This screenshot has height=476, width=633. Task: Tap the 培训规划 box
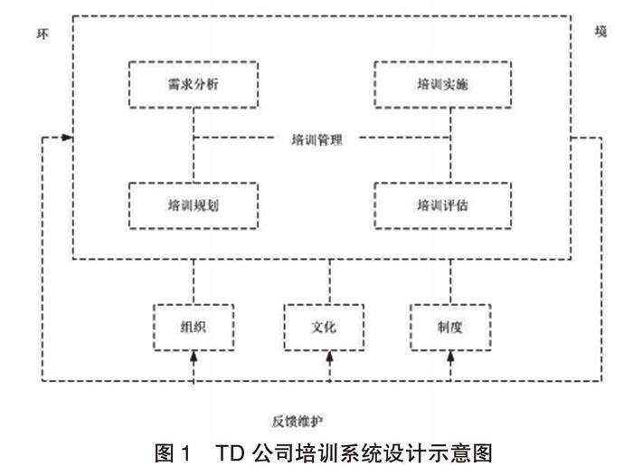[194, 204]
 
